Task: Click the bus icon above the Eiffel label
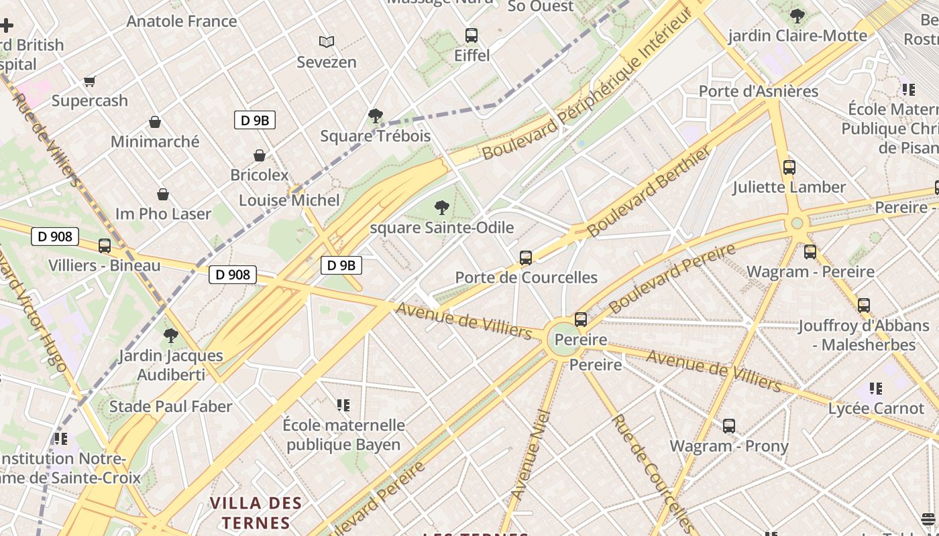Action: click(x=472, y=36)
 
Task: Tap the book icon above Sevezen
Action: click(x=327, y=42)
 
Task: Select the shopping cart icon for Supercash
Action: click(x=90, y=81)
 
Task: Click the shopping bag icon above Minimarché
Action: click(x=155, y=122)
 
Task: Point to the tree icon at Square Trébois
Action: click(x=376, y=116)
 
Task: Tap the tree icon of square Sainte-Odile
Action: click(x=441, y=208)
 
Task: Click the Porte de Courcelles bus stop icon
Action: click(x=526, y=257)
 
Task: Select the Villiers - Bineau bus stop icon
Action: click(x=105, y=246)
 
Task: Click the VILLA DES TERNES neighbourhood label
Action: click(x=256, y=513)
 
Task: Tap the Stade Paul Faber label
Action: click(x=170, y=407)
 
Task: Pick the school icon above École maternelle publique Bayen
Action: click(x=343, y=405)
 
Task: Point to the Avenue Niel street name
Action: click(x=531, y=455)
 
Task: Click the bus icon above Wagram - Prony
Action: click(x=729, y=426)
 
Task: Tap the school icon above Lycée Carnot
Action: click(x=875, y=389)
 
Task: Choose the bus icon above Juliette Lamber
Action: click(x=789, y=167)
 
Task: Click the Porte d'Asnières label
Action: click(x=759, y=91)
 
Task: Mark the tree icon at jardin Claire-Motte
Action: click(x=797, y=16)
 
